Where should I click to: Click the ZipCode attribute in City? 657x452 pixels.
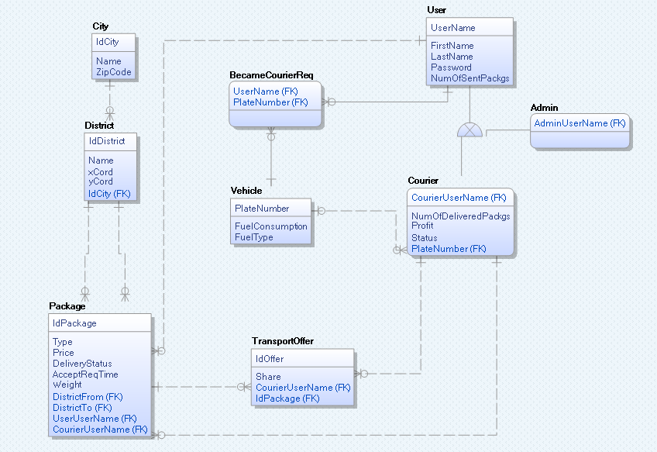(113, 72)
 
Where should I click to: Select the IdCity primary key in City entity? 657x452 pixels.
(107, 41)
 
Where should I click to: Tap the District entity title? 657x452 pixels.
(99, 125)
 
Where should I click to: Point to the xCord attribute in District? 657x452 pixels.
(100, 171)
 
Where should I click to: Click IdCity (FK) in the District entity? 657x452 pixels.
(109, 193)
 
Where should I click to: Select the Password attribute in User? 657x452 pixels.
(451, 67)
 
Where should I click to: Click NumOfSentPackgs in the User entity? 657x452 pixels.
(470, 78)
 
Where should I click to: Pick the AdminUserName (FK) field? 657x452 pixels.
(579, 122)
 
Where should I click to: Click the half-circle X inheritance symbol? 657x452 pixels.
(470, 129)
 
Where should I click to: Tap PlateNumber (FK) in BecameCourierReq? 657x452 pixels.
(270, 102)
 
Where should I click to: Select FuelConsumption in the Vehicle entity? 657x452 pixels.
(270, 226)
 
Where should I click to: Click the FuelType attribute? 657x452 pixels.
(253, 237)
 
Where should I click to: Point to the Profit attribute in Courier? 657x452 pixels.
(422, 226)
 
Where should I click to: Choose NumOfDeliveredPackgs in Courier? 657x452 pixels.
(460, 216)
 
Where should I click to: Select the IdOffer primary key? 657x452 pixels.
(270, 358)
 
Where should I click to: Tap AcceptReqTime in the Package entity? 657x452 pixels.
(85, 374)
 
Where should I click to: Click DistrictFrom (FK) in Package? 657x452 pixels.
(88, 396)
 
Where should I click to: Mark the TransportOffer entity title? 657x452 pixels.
(282, 340)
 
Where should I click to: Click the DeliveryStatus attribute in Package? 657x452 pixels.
(82, 363)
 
